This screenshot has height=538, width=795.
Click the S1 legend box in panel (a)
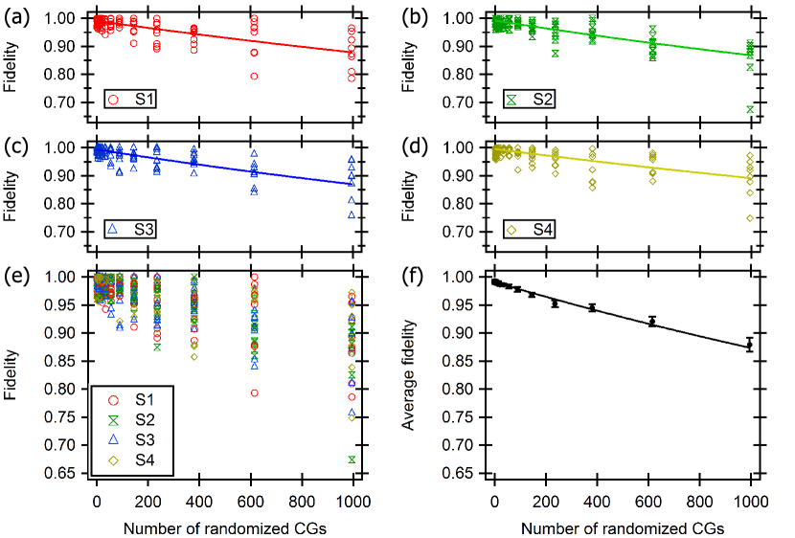134,98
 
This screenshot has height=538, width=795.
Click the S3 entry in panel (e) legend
134,441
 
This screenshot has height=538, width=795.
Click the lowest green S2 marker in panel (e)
352,460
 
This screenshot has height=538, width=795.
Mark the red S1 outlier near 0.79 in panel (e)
254,392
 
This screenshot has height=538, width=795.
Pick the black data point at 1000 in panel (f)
750,345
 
